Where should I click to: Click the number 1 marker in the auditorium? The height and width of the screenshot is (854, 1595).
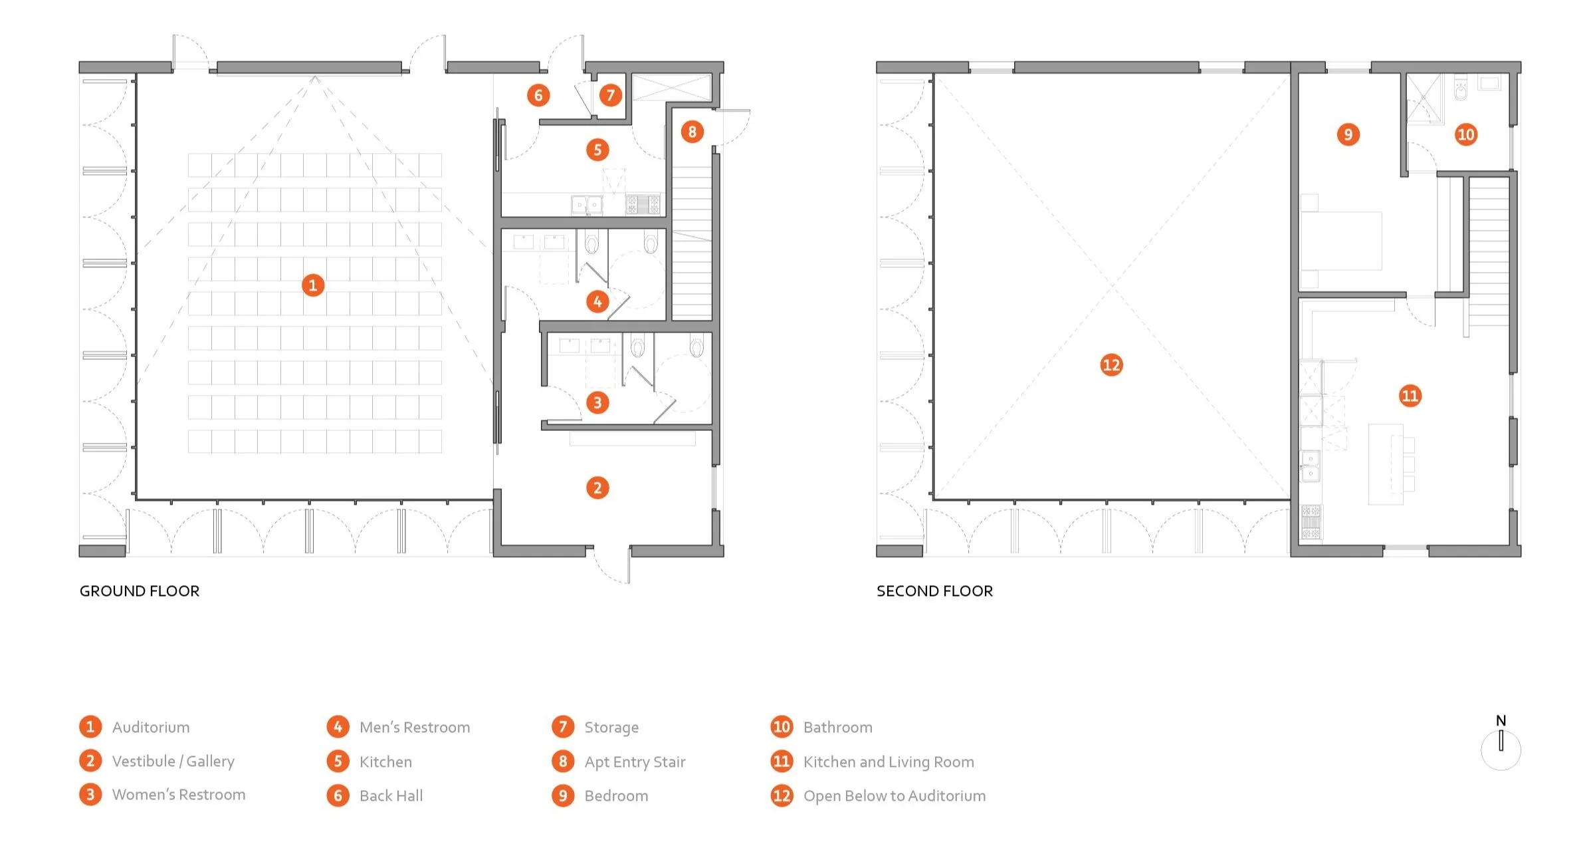pos(313,285)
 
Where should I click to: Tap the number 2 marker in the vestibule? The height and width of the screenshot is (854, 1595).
pos(597,488)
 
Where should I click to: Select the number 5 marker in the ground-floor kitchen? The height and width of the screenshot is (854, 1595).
pos(597,150)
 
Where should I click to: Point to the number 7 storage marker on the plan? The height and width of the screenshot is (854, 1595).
pos(610,95)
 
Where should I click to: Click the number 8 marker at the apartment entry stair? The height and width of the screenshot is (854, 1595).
pos(692,132)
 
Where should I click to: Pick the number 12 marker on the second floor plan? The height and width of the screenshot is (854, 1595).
pos(1111,364)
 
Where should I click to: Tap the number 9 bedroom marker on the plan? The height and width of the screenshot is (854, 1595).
pos(1348,134)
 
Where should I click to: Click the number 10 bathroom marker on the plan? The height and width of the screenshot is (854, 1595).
pos(1465,134)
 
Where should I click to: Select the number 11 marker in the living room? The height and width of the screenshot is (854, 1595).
pos(1410,396)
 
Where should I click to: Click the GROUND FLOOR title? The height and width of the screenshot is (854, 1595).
pos(140,591)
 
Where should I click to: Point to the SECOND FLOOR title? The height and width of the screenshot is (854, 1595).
pos(934,591)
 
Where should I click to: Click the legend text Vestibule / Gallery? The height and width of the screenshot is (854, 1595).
pos(173,761)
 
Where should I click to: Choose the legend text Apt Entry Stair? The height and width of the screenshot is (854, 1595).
pos(635,762)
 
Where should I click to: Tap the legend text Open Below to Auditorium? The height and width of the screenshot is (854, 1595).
pos(894,795)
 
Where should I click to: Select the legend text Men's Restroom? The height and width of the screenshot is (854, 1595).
pos(415,727)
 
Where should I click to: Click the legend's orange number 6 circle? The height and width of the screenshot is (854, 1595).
pos(338,795)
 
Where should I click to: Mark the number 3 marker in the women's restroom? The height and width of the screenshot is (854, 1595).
pos(597,402)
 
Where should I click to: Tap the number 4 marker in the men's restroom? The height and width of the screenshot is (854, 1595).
pos(597,302)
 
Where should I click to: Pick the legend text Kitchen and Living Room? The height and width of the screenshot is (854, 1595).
pos(889,762)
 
